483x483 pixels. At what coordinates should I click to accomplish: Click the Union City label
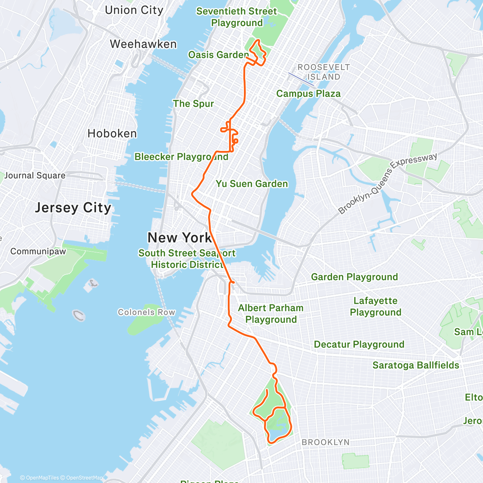(x=134, y=10)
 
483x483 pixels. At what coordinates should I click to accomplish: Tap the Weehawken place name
(x=143, y=44)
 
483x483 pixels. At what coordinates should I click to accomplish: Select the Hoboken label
(x=112, y=133)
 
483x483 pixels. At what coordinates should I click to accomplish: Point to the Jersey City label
(x=73, y=208)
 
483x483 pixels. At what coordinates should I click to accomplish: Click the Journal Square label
(x=35, y=175)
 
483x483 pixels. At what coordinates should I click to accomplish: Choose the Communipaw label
(x=38, y=251)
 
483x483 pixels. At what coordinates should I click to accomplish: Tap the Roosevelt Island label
(x=324, y=72)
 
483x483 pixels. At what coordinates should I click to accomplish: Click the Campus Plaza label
(x=308, y=93)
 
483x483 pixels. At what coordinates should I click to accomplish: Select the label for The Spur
(x=193, y=103)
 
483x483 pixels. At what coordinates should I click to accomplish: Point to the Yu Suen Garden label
(x=252, y=184)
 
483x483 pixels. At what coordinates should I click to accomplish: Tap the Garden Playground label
(x=354, y=277)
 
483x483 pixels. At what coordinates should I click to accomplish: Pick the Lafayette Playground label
(x=376, y=306)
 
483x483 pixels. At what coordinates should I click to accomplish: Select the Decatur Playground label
(x=359, y=344)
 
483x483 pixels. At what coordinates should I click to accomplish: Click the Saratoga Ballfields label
(x=416, y=365)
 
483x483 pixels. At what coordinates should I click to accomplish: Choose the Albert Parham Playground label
(x=271, y=314)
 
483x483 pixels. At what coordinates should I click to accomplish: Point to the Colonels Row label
(x=147, y=312)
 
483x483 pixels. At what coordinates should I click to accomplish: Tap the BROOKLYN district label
(x=326, y=442)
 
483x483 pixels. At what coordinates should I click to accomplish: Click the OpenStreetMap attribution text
(x=84, y=478)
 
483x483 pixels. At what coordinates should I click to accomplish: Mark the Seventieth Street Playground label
(x=237, y=17)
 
